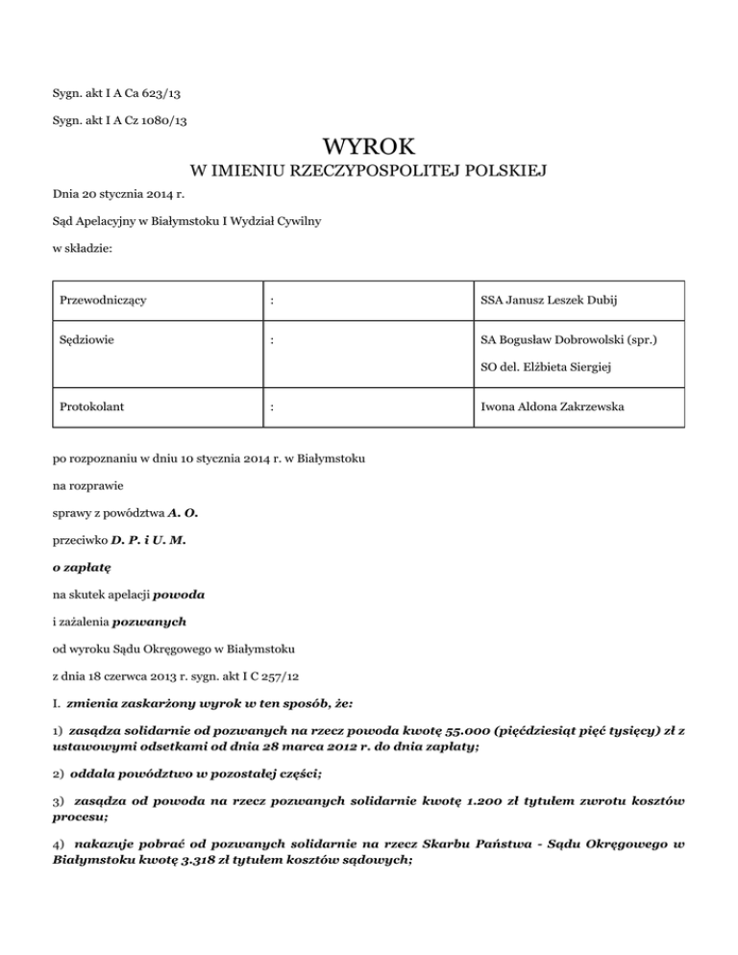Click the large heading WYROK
[x=369, y=147]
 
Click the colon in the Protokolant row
[x=274, y=406]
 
